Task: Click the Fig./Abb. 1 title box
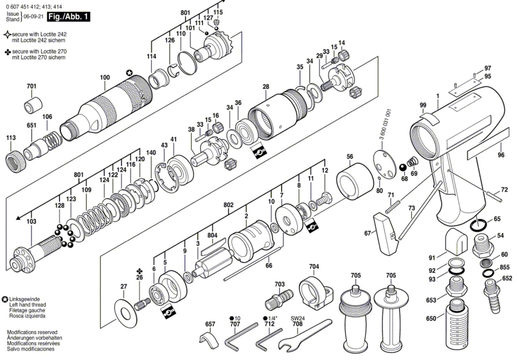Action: (69, 17)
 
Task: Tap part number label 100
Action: (105, 77)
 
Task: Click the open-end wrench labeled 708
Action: (305, 335)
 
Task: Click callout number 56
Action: (350, 157)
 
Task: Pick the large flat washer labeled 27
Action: (126, 314)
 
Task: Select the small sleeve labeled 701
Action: (33, 105)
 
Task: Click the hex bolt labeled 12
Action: (324, 200)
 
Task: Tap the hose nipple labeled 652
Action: (492, 296)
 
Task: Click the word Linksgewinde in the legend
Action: (25, 299)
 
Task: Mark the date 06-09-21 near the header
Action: (34, 16)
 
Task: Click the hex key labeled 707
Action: (241, 336)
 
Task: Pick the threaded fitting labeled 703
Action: (279, 300)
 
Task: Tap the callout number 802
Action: (228, 205)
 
